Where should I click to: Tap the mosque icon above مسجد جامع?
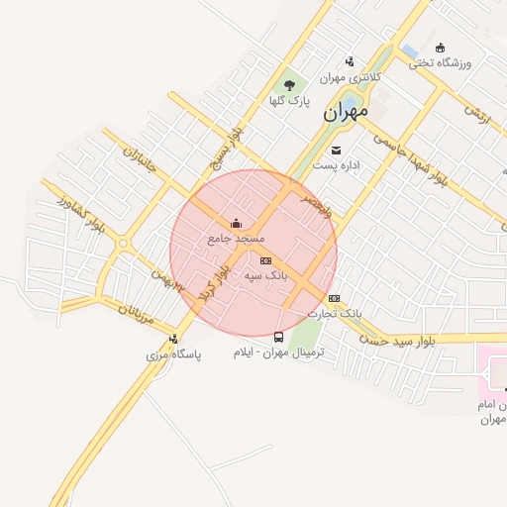pos(236,223)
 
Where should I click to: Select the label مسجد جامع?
pos(236,239)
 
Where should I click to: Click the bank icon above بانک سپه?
pos(265,260)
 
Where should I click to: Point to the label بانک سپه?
pos(264,276)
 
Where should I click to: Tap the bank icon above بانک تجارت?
pos(334,297)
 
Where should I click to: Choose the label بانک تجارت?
pos(334,313)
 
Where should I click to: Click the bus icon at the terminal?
pos(278,336)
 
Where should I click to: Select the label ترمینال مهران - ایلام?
pos(279,352)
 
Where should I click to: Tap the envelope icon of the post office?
pos(338,151)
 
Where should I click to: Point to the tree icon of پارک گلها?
pos(290,85)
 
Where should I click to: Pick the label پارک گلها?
pos(291,101)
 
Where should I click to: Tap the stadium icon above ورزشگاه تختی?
pos(441,47)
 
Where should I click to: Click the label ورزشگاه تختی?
pos(441,62)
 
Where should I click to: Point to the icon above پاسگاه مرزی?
pos(174,339)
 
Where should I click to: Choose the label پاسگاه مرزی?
pos(174,355)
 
